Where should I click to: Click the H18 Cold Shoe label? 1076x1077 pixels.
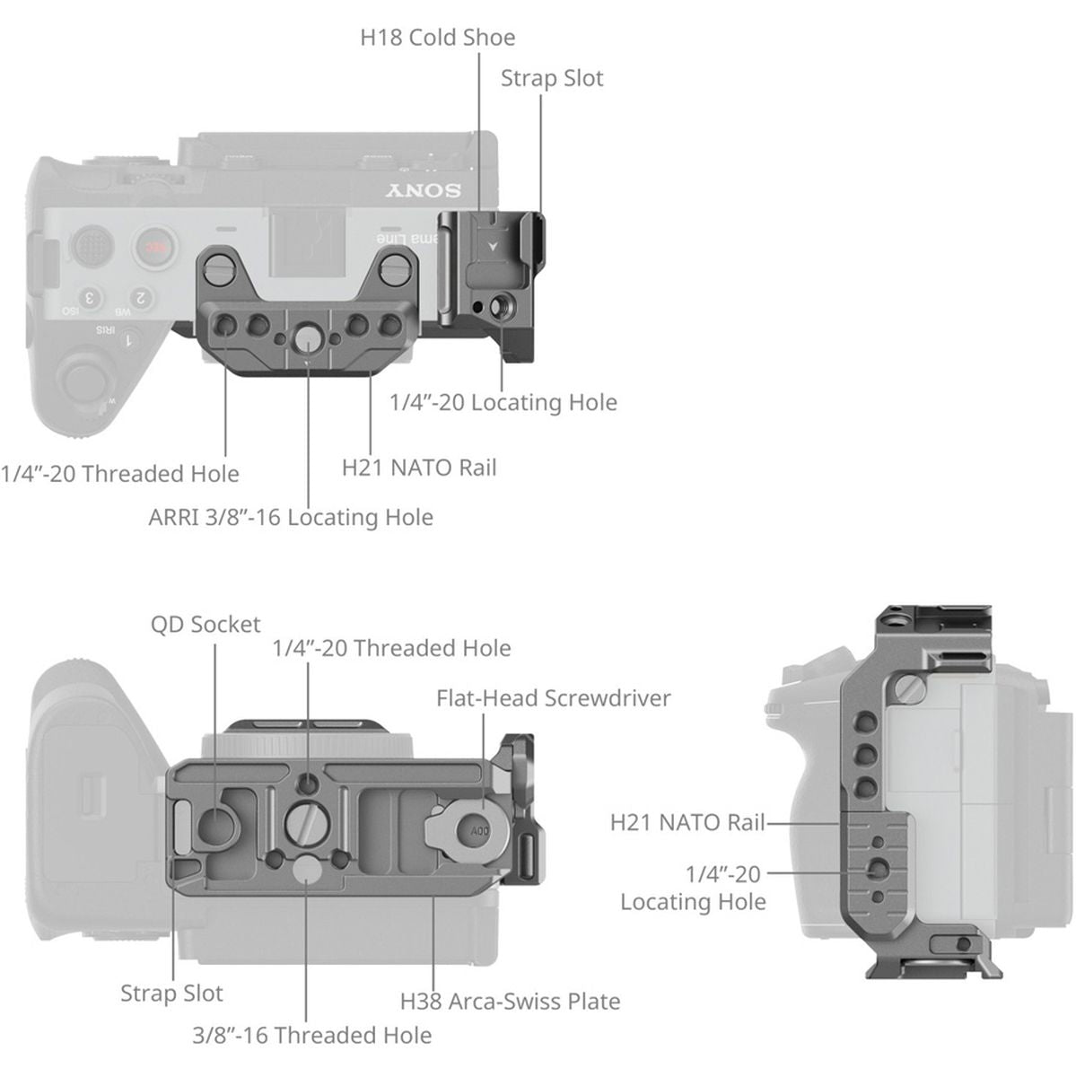click(x=438, y=38)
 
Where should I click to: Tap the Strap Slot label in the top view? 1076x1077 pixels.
click(x=552, y=78)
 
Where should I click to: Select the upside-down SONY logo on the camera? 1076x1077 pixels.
click(x=424, y=190)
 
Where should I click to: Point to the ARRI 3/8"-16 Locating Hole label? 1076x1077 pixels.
click(x=291, y=518)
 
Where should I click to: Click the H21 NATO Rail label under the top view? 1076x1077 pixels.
click(x=419, y=468)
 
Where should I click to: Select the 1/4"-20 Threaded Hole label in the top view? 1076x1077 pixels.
click(x=120, y=474)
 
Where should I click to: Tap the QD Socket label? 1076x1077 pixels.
click(x=206, y=625)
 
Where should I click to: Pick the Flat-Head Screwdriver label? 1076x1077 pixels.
click(x=553, y=698)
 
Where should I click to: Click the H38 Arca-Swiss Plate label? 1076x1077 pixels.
click(x=510, y=1001)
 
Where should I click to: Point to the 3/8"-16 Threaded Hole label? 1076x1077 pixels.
click(x=311, y=1035)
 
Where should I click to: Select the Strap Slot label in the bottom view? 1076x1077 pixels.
click(x=171, y=994)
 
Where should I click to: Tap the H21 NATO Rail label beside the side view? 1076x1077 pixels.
click(x=687, y=822)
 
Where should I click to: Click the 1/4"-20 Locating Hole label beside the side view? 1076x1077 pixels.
click(x=693, y=888)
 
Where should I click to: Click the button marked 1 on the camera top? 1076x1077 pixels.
click(x=129, y=340)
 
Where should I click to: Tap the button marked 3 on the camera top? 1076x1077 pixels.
click(x=89, y=298)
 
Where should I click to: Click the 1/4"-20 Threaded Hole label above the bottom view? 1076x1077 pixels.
click(x=391, y=648)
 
